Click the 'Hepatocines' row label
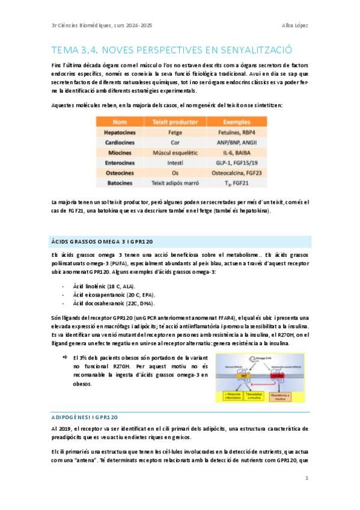coord(120,132)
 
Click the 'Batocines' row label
coord(120,183)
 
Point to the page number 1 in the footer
coord(307,478)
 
